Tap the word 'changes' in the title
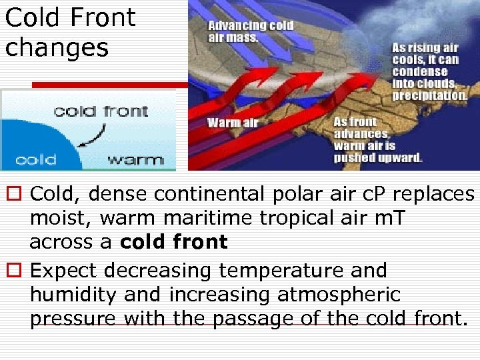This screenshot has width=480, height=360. (57, 47)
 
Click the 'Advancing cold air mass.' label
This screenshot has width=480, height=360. (250, 31)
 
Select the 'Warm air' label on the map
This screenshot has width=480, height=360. (232, 122)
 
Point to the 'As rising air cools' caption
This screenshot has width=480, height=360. (429, 71)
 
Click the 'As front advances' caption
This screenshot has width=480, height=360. (377, 139)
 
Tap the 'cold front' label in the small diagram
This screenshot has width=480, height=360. (101, 110)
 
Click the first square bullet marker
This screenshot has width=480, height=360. (13, 195)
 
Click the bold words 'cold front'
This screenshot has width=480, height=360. (174, 242)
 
